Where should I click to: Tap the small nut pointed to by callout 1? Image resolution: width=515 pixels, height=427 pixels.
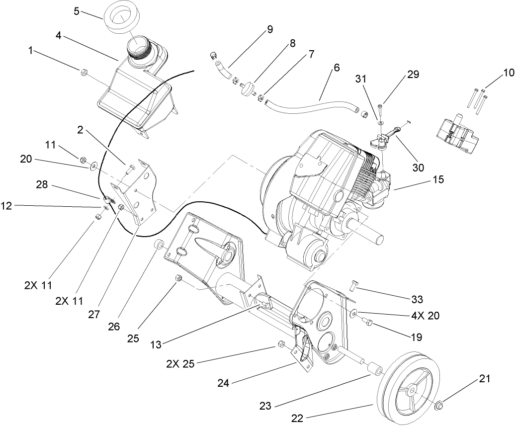click(x=83, y=73)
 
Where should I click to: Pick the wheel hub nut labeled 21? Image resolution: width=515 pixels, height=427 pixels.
click(x=439, y=407)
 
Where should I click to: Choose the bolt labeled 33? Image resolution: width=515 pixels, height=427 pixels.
click(x=354, y=285)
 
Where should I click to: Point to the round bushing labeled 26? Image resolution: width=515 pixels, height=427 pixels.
click(x=160, y=245)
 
